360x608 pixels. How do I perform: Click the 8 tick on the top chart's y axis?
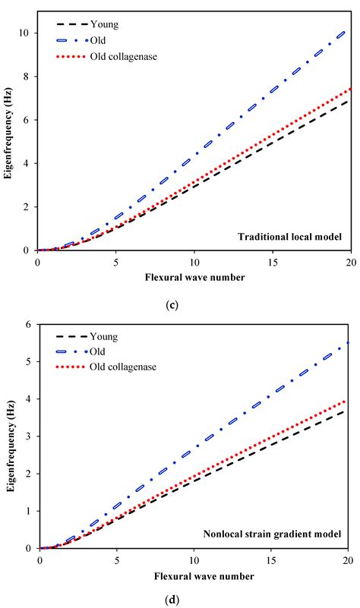point(27,77)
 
